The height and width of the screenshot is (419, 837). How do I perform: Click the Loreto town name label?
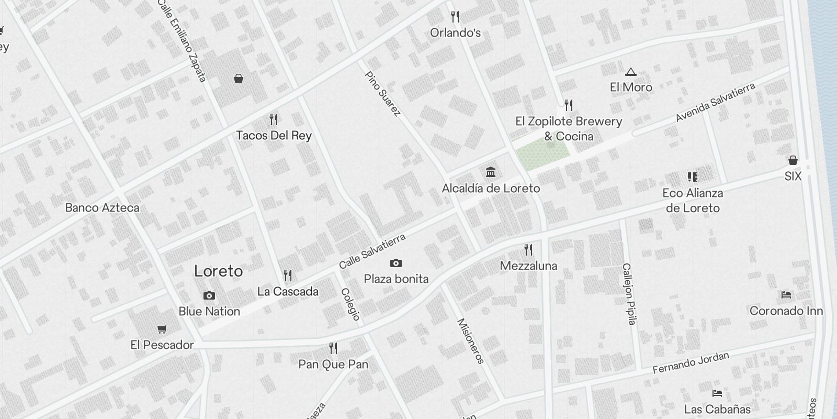(218, 271)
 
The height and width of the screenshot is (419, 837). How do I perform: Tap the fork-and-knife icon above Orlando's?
(455, 17)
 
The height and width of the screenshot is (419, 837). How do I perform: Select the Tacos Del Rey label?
(274, 136)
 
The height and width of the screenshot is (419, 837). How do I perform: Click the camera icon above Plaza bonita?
(396, 263)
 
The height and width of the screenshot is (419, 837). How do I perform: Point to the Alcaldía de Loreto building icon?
(491, 172)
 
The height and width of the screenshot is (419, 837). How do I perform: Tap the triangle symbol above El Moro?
(630, 72)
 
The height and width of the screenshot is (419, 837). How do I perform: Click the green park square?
(542, 152)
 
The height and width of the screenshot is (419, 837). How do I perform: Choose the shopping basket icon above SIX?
(793, 160)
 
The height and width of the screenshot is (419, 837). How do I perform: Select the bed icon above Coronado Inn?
(786, 295)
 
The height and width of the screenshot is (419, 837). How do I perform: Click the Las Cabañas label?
(717, 409)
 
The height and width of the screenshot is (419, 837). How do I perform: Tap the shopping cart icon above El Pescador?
(162, 329)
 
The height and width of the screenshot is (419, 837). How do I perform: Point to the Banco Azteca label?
(102, 208)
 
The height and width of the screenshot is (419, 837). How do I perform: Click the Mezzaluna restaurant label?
(528, 266)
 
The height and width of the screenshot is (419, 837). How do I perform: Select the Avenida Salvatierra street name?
(715, 102)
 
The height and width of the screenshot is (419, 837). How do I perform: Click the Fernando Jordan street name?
(691, 363)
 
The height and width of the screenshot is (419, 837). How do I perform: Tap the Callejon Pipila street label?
(629, 294)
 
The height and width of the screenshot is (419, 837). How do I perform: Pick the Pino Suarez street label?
(383, 94)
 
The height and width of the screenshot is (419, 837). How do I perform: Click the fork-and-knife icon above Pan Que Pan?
(333, 348)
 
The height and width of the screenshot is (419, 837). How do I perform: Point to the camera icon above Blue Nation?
(209, 296)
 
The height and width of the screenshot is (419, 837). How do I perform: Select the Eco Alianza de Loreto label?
(693, 201)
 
